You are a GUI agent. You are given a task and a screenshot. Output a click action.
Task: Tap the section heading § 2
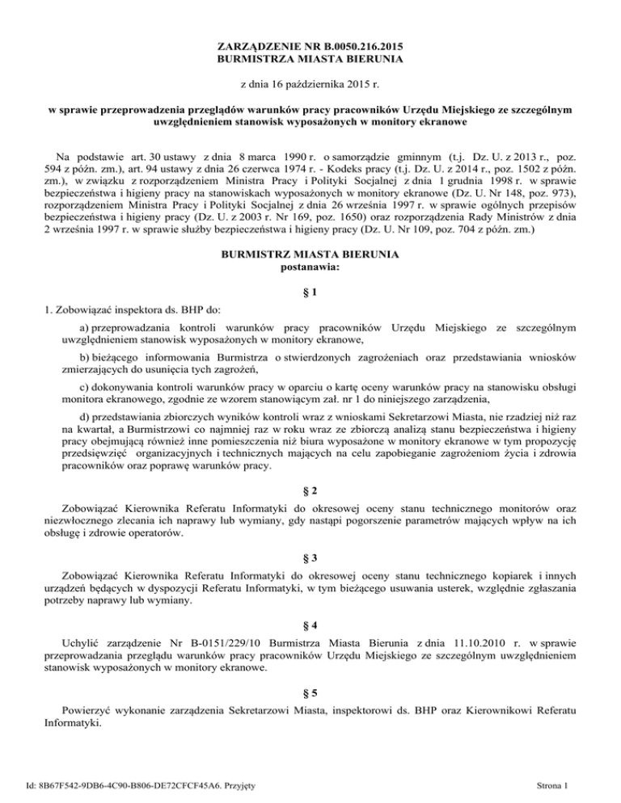[310, 491]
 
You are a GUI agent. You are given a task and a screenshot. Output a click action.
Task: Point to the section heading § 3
[310, 557]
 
